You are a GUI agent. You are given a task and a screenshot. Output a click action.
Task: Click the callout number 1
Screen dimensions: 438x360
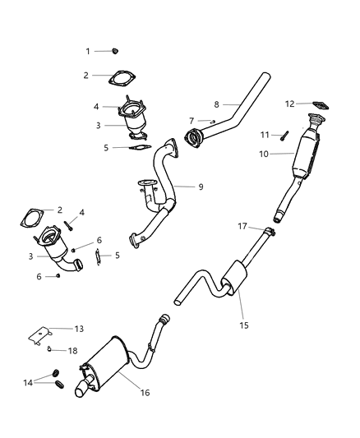click(88, 51)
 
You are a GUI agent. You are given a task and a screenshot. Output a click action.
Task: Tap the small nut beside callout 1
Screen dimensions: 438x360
click(114, 51)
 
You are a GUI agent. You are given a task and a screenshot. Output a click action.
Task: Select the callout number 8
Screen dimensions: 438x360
click(216, 104)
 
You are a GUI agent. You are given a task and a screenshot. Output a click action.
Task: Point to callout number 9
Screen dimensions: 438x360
click(201, 187)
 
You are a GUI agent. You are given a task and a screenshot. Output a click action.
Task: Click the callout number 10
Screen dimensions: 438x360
click(265, 154)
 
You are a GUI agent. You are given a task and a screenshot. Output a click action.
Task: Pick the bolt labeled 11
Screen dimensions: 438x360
click(284, 135)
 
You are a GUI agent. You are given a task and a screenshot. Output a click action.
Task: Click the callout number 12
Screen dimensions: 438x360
click(288, 104)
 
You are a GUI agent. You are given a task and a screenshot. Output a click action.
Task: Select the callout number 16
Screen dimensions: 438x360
click(145, 394)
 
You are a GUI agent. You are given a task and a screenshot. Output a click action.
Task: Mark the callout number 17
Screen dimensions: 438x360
click(242, 225)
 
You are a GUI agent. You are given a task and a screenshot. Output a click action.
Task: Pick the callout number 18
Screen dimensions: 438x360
click(73, 350)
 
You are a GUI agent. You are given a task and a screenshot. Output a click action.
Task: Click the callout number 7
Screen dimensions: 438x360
click(191, 121)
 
